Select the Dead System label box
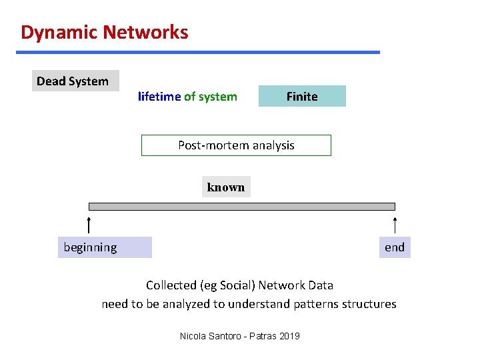tap(75, 81)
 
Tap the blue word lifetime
tap(159, 97)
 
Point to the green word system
tap(217, 97)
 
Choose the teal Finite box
tap(302, 97)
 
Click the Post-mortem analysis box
tap(236, 145)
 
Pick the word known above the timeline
tap(226, 187)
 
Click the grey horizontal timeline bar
tap(242, 207)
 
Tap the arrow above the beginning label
tap(89, 225)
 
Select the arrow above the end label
tap(395, 225)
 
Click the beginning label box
tap(105, 247)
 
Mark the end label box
tap(395, 247)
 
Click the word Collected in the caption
tap(171, 285)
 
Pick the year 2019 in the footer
tap(289, 336)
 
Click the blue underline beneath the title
tap(199, 52)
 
